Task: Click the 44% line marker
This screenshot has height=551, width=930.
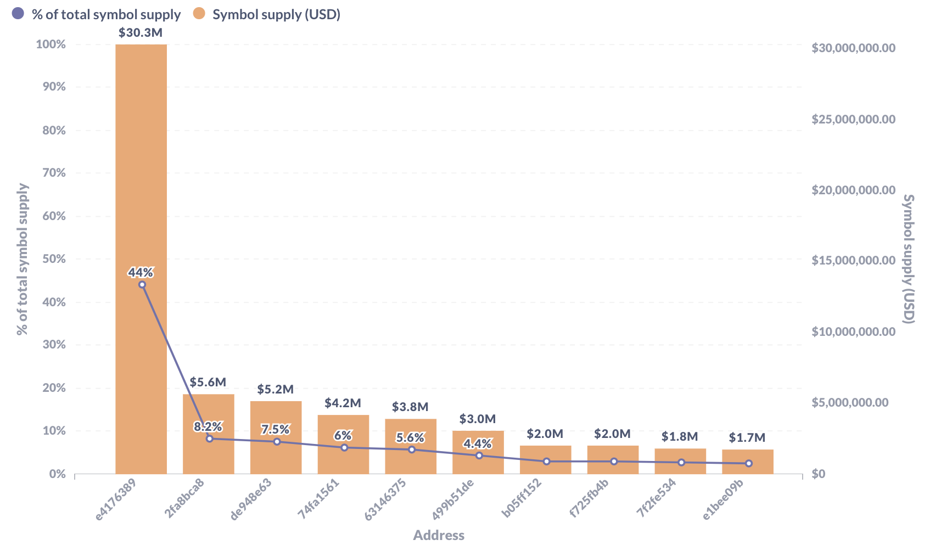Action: (x=142, y=284)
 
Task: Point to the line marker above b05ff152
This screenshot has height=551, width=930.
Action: (x=546, y=462)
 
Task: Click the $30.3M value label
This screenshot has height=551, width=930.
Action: (x=141, y=32)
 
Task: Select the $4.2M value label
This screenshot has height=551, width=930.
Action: (x=343, y=403)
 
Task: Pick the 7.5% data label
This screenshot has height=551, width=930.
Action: (x=275, y=429)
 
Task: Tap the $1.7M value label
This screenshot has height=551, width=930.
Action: (x=747, y=438)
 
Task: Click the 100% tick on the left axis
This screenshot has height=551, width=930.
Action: (x=51, y=44)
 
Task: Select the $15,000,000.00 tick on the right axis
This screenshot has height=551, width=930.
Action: (x=854, y=261)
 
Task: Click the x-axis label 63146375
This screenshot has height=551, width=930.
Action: (x=386, y=499)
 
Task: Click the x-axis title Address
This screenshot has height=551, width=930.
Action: (x=439, y=536)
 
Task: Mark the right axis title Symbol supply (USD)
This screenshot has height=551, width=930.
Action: (x=909, y=259)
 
